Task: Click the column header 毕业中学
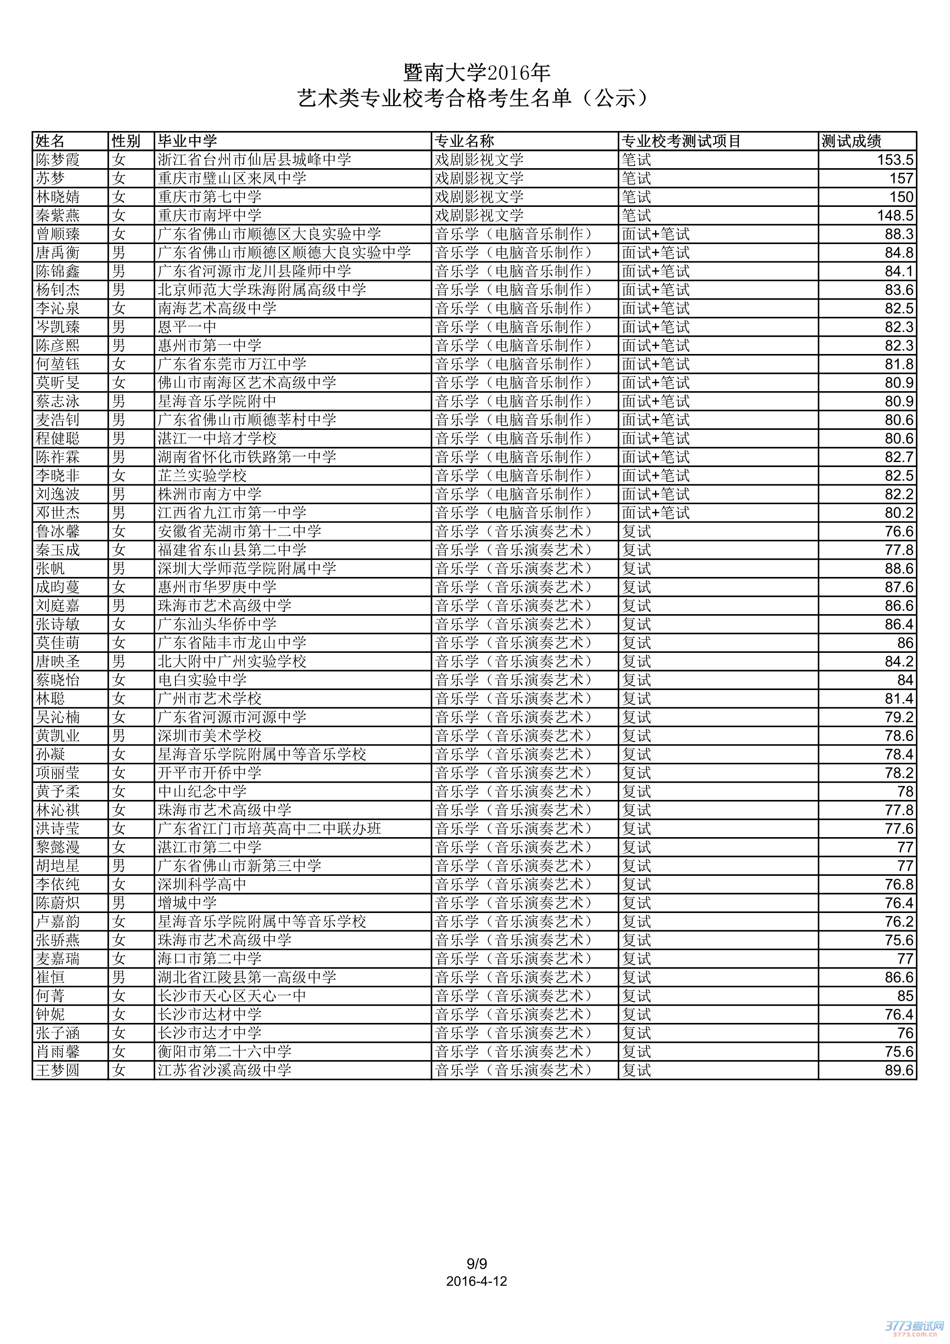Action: click(187, 141)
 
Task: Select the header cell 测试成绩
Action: click(851, 141)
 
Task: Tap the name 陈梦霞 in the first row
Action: click(58, 160)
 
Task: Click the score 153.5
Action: click(895, 160)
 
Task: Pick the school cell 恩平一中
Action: click(187, 327)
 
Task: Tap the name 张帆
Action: click(50, 569)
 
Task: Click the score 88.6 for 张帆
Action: click(899, 569)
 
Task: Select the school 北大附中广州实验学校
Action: click(232, 661)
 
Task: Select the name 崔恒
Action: click(50, 978)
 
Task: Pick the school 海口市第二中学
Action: click(210, 959)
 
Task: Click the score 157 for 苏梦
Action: click(901, 179)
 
